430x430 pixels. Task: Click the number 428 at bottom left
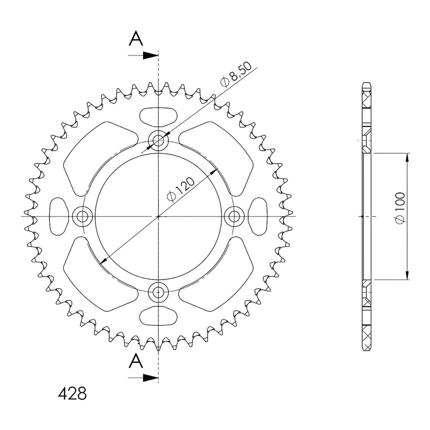(x=73, y=393)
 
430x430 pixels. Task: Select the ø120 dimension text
(x=181, y=189)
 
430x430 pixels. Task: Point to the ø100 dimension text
(x=400, y=208)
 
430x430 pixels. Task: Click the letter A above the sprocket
(x=136, y=38)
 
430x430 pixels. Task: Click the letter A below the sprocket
(x=136, y=361)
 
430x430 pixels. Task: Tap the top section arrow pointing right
(x=143, y=55)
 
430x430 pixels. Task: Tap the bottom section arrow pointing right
(x=143, y=378)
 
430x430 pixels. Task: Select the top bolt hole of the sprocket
(x=158, y=141)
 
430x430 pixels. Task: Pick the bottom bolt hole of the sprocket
(x=158, y=292)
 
